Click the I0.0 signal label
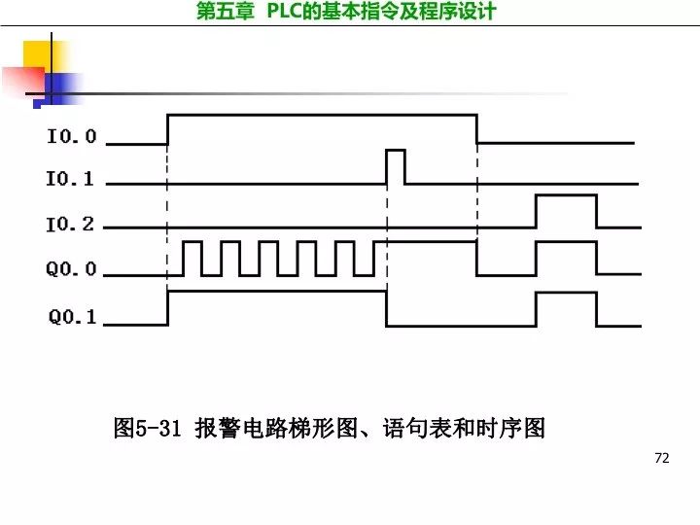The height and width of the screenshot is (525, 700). (x=71, y=137)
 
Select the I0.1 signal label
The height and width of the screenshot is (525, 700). (x=71, y=180)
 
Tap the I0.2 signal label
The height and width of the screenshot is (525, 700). (x=71, y=225)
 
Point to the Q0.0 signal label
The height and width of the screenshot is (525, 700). (x=71, y=269)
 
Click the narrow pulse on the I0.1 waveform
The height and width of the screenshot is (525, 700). (x=395, y=165)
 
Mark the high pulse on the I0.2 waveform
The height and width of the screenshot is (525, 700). (x=566, y=210)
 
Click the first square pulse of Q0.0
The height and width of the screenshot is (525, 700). (x=192, y=257)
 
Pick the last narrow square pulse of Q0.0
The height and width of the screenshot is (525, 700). (x=367, y=257)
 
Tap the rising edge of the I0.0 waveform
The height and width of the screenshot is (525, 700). (x=168, y=128)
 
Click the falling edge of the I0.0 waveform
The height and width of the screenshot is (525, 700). (x=476, y=128)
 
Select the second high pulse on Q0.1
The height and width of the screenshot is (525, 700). (x=566, y=307)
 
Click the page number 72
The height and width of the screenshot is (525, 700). (x=663, y=458)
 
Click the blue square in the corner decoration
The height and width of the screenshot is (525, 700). (x=57, y=88)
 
